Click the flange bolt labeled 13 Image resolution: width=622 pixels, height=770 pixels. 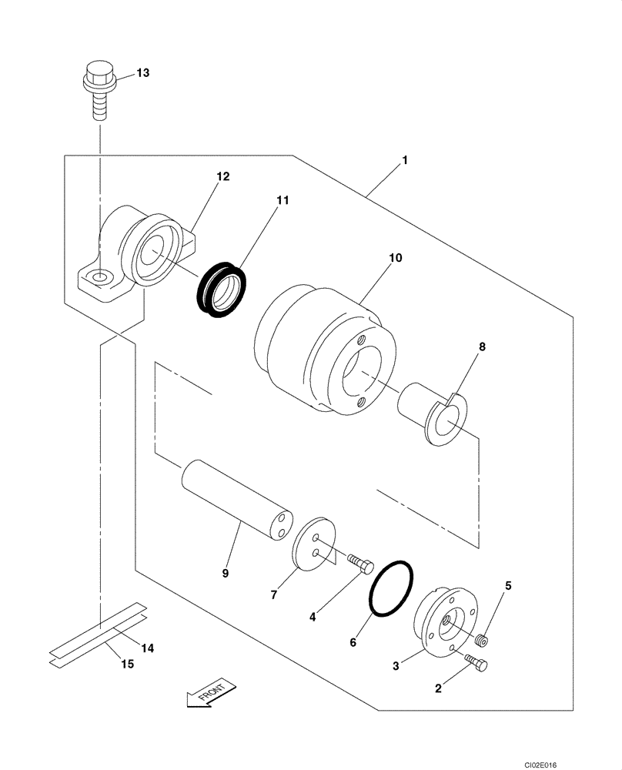point(97,92)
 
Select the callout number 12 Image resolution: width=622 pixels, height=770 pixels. point(222,176)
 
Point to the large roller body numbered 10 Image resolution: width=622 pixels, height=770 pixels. point(323,350)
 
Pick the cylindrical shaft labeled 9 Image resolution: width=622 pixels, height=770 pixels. point(234,500)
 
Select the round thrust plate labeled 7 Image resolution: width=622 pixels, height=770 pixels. point(316,544)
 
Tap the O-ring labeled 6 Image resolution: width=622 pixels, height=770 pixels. point(391,588)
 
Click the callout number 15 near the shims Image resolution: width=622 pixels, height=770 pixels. point(127,663)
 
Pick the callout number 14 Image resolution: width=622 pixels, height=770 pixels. point(147,648)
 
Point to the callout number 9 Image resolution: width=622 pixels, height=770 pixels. point(225,573)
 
